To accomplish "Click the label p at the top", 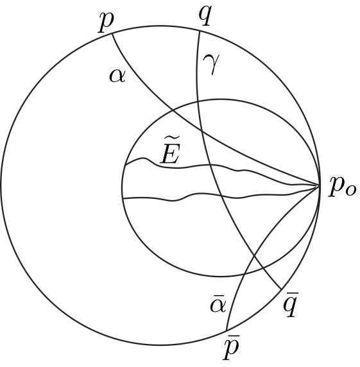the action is (106, 21).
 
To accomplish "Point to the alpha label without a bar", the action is (117, 76).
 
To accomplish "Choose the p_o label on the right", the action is (341, 186).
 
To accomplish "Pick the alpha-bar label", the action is (218, 304).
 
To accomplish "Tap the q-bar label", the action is (291, 307).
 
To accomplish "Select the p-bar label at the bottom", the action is (231, 348).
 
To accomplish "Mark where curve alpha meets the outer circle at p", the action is (112, 33).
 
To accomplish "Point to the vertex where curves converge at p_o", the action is (320, 185).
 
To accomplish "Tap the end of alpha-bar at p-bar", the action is (227, 331).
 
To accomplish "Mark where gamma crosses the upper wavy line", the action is (211, 166).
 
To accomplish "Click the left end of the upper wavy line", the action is (124, 166).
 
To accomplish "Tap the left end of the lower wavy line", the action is (122, 199).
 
